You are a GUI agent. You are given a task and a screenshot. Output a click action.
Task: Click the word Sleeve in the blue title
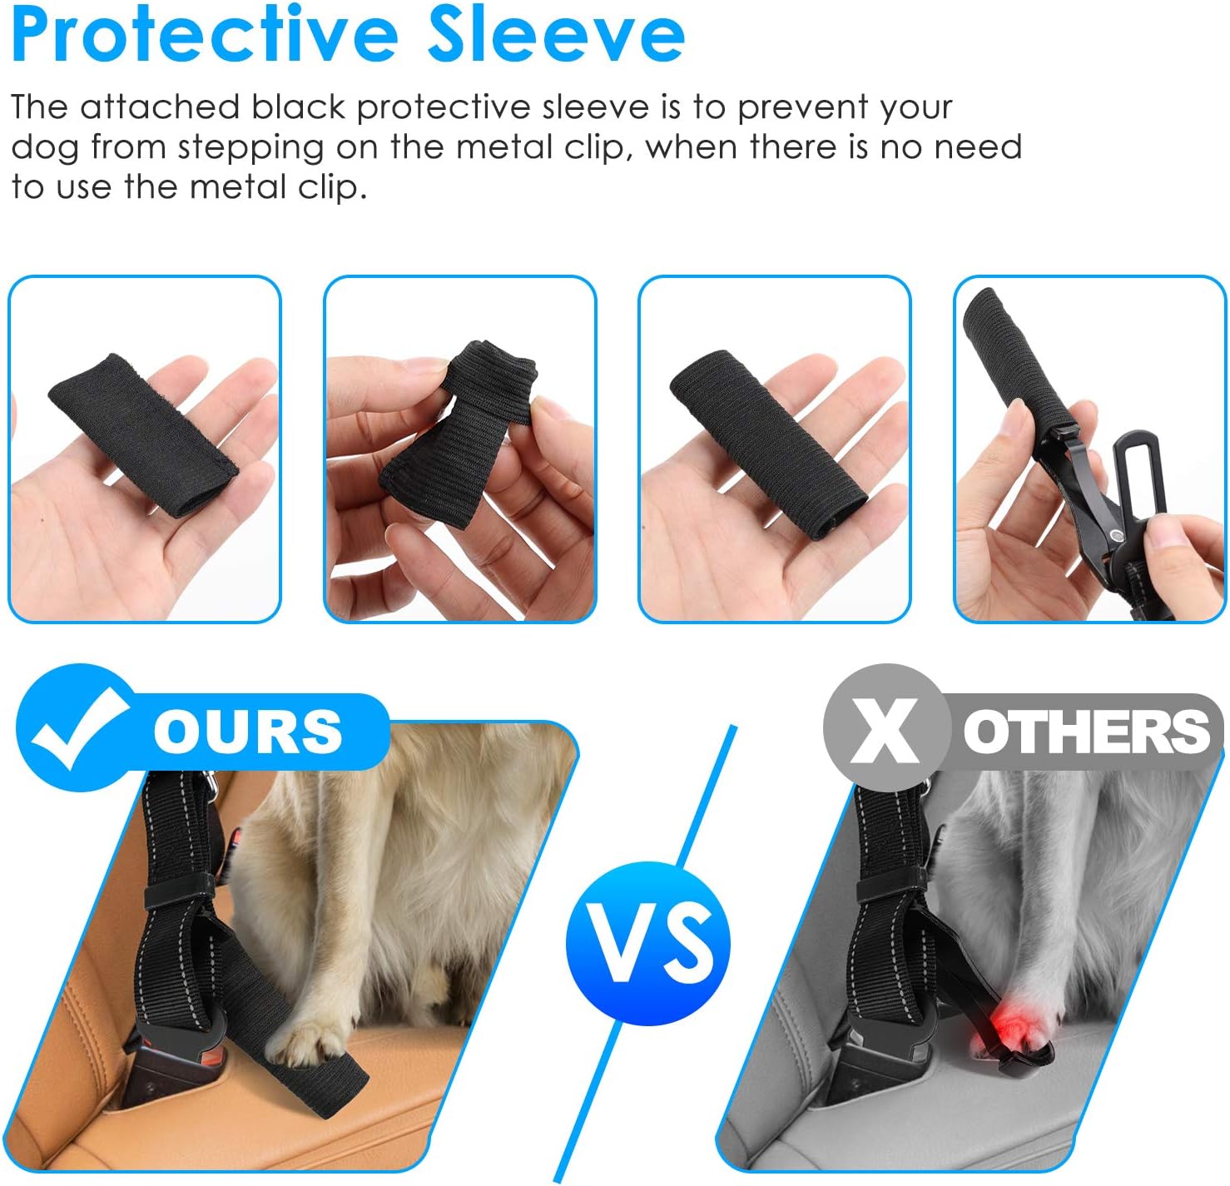[556, 36]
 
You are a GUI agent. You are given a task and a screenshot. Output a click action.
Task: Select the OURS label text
[248, 732]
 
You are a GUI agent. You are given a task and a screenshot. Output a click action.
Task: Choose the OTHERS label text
[1086, 732]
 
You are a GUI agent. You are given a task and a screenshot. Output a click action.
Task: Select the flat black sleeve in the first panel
[143, 436]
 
